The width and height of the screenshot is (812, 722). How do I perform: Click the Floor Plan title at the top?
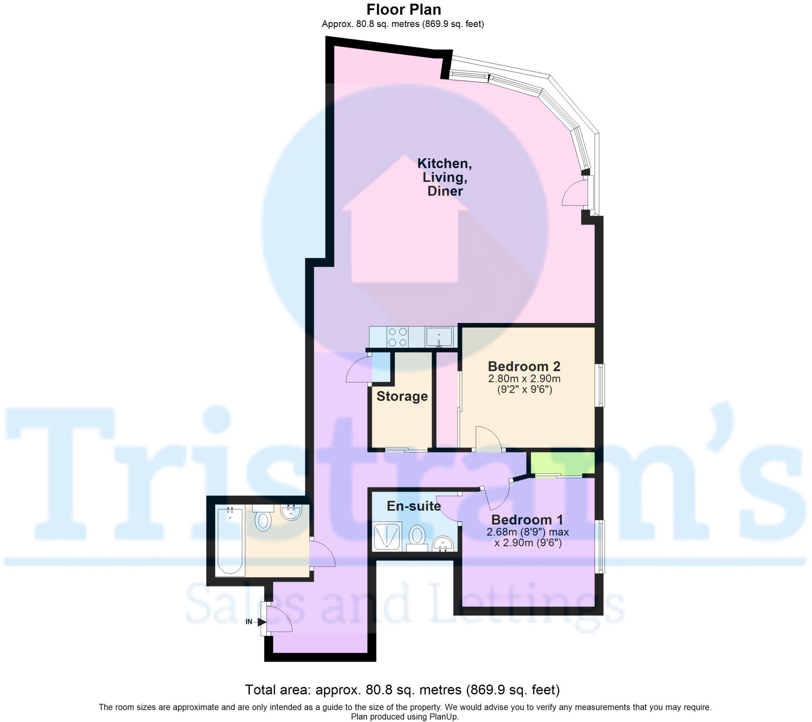pos(403,10)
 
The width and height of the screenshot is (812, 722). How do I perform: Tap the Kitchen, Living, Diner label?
pos(444,177)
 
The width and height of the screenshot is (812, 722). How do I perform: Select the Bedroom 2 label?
pos(524,366)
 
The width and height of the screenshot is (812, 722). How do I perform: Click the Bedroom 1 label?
pos(527,519)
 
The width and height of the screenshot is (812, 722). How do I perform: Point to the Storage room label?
pos(402,396)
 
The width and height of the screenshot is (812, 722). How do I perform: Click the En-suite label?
pos(414,506)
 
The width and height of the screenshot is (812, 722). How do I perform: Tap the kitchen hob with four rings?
pos(397,337)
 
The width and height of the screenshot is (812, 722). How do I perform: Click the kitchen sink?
pos(439,337)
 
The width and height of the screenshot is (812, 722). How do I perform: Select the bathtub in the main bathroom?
pos(230,540)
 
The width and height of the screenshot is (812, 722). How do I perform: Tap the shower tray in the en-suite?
pos(387,536)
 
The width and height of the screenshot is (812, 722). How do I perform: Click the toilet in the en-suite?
pos(417,537)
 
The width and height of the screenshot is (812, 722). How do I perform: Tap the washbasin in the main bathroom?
pos(291,512)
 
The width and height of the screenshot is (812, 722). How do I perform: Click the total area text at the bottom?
pos(402,690)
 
